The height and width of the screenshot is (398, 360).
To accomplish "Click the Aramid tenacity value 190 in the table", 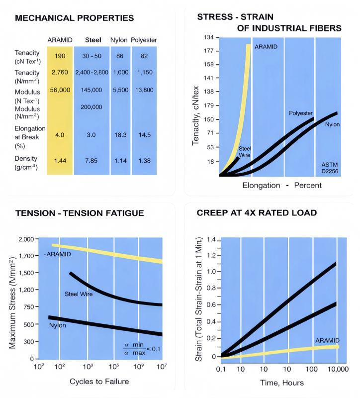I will [60, 56].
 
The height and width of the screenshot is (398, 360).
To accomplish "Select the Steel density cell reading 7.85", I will [91, 161].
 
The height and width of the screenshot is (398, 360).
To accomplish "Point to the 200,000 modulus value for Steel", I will [91, 107].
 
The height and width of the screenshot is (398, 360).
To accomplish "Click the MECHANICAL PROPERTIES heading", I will [75, 18].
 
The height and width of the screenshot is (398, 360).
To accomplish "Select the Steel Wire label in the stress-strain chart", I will [245, 152].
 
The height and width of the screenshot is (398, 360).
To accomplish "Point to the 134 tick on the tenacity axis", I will [208, 38].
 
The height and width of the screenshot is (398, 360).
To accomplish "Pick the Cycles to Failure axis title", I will [99, 382].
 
